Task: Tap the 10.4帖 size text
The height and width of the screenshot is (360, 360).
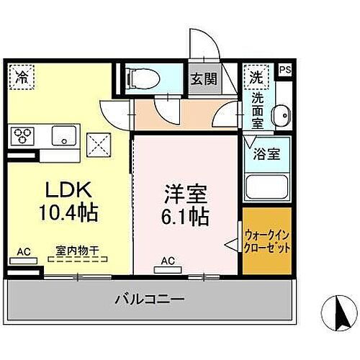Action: click(69, 213)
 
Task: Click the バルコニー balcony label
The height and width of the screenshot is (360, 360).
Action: click(151, 297)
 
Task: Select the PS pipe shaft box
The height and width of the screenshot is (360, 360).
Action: click(286, 70)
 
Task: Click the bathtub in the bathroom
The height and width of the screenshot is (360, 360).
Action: click(266, 186)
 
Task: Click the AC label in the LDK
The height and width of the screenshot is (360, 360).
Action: click(22, 252)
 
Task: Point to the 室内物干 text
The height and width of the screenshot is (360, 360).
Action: click(78, 252)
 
